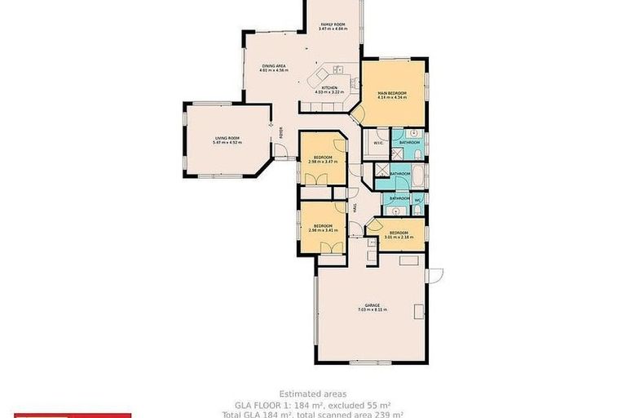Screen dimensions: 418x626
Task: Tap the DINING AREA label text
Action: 274,66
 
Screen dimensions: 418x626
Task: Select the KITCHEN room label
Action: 329,87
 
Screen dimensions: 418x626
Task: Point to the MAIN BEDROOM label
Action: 392,94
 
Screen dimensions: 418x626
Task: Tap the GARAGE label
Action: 372,305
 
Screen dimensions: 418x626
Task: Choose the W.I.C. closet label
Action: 378,143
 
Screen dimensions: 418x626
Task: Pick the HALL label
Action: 355,207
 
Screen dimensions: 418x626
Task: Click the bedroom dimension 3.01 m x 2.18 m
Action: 399,238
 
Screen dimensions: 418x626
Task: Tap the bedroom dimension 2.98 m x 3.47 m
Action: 323,162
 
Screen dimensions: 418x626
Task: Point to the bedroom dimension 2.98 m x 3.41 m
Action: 323,230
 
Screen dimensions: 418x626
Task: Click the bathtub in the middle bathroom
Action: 417,174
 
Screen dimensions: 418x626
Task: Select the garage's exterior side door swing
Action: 433,275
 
